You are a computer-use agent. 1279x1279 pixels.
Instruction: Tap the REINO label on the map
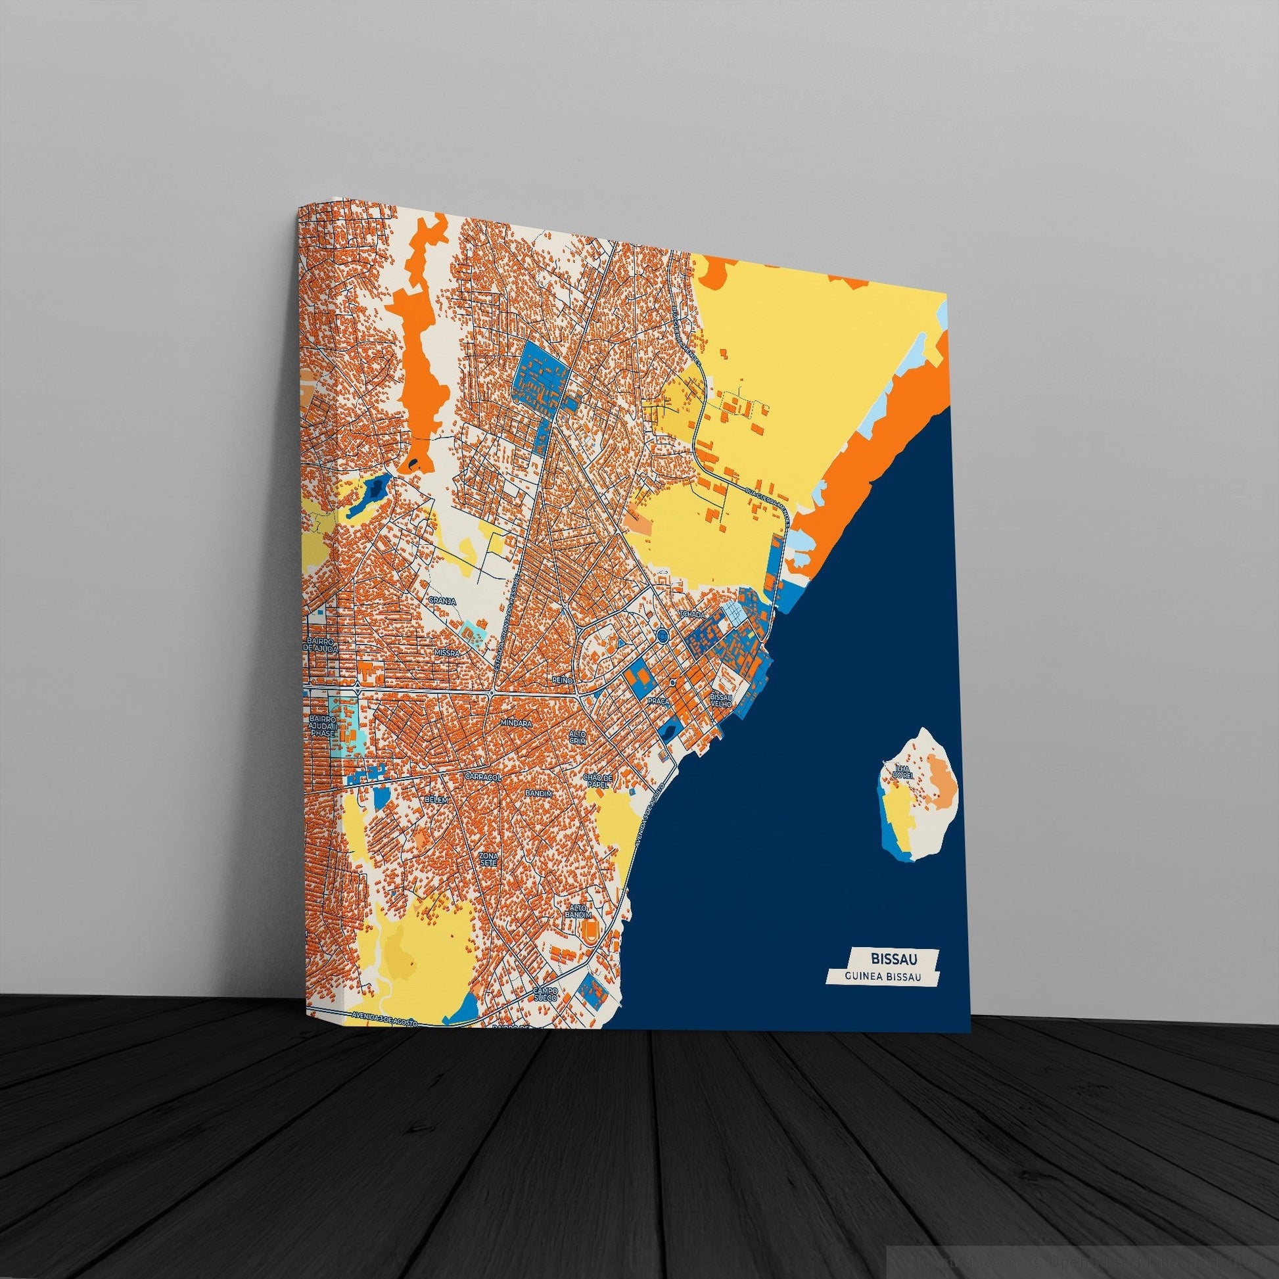561,680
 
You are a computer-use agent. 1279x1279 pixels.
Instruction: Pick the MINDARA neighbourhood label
517,724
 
